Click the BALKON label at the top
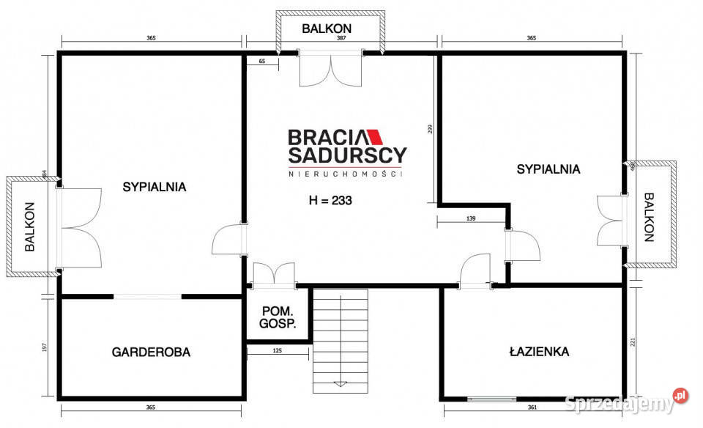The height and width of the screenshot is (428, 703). point(327,29)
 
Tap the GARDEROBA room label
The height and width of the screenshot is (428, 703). point(151,353)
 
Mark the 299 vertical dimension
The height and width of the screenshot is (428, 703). point(431,129)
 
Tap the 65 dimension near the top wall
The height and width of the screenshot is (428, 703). point(261,62)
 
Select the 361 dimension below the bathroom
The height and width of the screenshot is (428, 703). point(532,407)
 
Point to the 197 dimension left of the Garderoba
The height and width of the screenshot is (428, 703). point(44,347)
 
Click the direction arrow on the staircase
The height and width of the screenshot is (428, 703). point(340,383)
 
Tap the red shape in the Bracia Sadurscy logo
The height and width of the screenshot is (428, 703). point(374,137)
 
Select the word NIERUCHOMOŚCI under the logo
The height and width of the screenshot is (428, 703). point(346,173)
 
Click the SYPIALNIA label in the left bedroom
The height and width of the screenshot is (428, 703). point(154,187)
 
